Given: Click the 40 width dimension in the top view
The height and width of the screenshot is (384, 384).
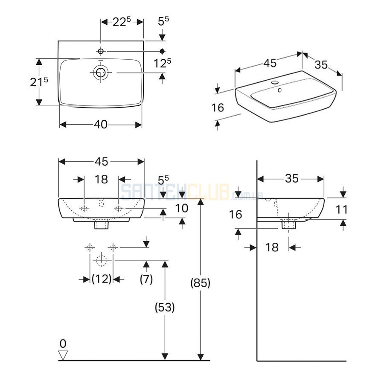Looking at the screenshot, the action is tap(101, 125).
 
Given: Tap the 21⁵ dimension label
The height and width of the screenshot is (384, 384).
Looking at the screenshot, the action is tap(39, 82).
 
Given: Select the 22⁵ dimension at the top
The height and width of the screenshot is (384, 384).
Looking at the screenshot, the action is tap(122, 22).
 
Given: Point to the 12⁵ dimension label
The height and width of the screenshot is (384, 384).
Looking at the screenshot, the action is tap(162, 63).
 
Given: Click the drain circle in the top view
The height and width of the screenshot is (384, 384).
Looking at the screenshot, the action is tap(101, 73).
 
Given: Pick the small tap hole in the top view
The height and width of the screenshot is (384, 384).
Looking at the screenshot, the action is tap(101, 51).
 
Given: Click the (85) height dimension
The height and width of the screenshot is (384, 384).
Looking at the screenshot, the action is tap(201, 283).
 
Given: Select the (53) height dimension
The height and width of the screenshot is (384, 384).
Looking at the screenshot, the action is tap(165, 307).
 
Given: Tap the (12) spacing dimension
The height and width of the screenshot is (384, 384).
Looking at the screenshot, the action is tap(102, 279).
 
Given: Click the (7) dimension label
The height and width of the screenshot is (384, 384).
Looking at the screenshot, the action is tap(146, 279).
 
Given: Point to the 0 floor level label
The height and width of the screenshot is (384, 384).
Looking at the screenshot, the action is tap(63, 343).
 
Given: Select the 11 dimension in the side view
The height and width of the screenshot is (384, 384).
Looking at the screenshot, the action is tap(341, 209).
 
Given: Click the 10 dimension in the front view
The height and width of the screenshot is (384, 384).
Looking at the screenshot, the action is tap(182, 208).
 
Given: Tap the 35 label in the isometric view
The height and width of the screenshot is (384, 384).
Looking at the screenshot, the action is tap(321, 65).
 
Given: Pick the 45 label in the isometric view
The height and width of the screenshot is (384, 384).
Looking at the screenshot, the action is tap(270, 63).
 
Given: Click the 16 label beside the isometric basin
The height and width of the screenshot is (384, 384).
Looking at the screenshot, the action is tap(218, 108).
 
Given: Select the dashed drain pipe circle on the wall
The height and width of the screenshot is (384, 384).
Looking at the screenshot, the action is tap(101, 261).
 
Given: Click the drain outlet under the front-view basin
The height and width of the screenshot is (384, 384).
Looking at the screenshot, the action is tap(102, 225).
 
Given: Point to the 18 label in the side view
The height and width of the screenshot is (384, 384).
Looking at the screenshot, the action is tap(272, 247).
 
